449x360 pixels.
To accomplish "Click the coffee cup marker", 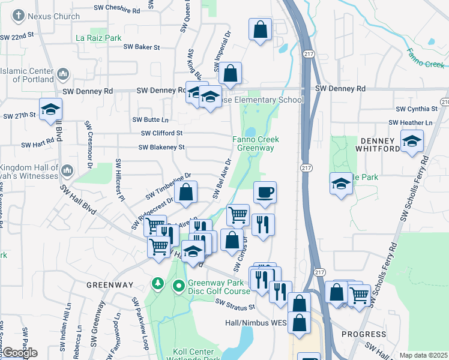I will [265, 193].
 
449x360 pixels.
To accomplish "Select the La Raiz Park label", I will [98, 38].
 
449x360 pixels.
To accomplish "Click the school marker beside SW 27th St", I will [51, 109].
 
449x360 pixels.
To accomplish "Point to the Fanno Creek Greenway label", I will [256, 143].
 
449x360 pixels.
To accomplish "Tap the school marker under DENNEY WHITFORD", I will [411, 142].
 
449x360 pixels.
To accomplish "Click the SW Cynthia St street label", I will [417, 109].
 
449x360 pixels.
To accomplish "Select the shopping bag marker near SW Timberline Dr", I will [187, 193].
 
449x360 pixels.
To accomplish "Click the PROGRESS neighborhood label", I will [364, 334].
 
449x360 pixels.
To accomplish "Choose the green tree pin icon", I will [158, 283].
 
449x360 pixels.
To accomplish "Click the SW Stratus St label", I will [235, 306].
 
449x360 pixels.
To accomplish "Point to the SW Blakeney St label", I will [161, 147].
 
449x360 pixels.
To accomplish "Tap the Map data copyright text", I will [424, 355].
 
